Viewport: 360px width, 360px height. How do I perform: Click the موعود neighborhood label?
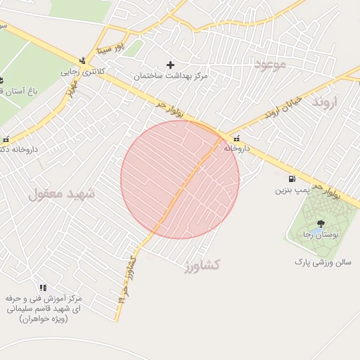[269, 65]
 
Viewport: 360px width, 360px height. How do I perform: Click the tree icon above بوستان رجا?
[321, 224]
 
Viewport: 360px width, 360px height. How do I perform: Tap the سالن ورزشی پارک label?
[322, 262]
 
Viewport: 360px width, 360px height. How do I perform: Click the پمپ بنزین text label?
[292, 190]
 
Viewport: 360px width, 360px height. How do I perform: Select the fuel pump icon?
[292, 179]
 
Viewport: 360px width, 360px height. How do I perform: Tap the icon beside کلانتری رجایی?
[83, 60]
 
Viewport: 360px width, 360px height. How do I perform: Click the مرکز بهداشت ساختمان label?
[170, 75]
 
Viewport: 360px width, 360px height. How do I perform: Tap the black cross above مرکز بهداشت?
[170, 65]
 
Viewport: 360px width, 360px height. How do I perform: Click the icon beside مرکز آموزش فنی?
[44, 288]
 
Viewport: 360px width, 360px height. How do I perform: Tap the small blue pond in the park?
[318, 230]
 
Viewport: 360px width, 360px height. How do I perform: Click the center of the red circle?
[180, 179]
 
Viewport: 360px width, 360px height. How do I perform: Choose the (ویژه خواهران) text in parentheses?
[43, 319]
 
